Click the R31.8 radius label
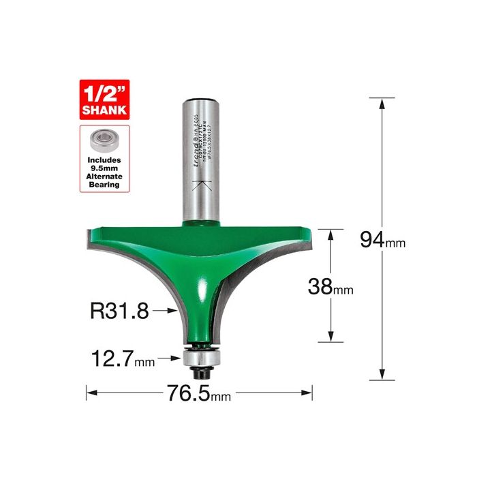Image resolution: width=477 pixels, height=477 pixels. [x=119, y=311]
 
